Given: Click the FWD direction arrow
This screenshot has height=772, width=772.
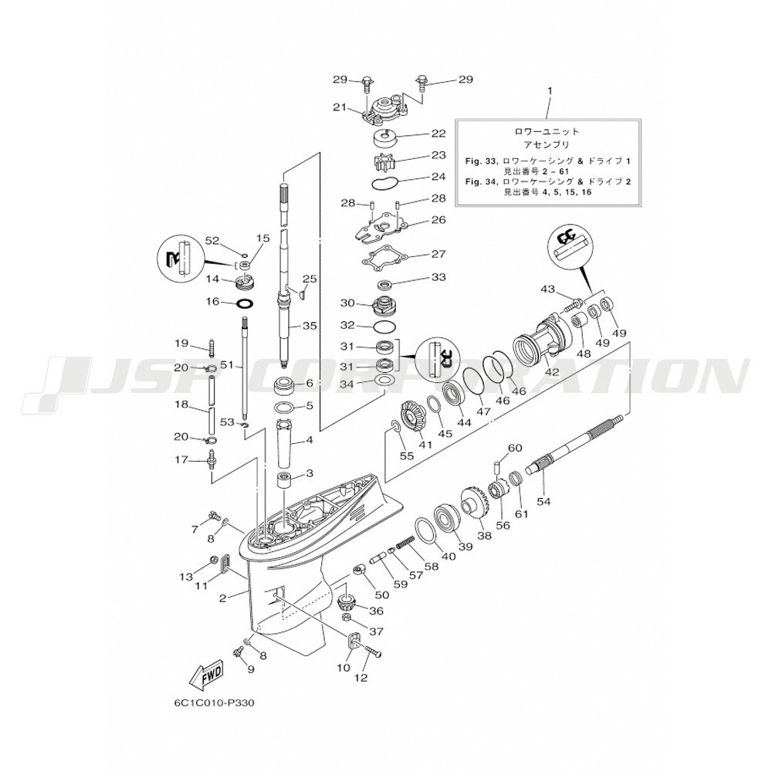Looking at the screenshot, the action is click(207, 676).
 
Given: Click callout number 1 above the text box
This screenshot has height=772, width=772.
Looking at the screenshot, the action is click(550, 91).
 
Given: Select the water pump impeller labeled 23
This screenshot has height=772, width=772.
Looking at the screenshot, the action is click(384, 161).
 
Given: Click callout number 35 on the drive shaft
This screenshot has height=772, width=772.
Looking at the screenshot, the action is click(310, 326).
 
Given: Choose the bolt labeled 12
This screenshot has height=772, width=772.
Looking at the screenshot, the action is click(373, 652).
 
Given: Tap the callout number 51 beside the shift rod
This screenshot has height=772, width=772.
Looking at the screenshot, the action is click(228, 365).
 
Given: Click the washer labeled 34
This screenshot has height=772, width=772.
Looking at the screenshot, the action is click(385, 381).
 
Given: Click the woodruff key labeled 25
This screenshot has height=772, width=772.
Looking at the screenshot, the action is click(301, 293).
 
